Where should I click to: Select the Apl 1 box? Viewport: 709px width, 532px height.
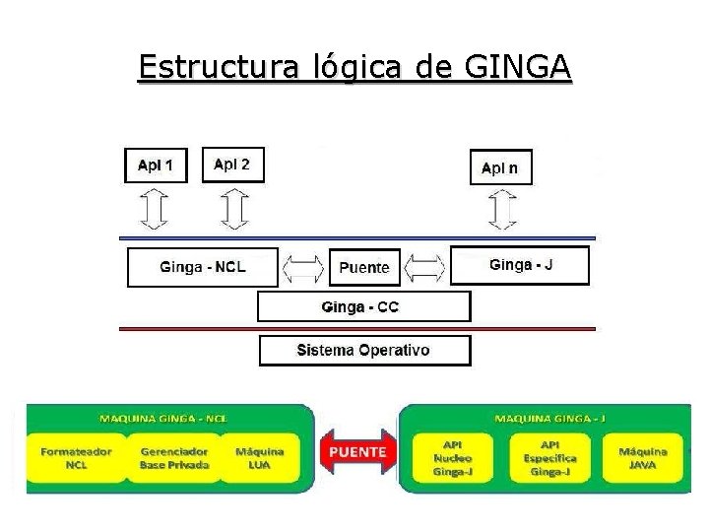click(x=155, y=165)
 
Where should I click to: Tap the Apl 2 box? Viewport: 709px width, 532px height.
click(x=232, y=165)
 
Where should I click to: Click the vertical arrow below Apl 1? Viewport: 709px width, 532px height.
click(x=155, y=209)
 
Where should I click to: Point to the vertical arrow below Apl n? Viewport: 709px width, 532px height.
click(x=502, y=209)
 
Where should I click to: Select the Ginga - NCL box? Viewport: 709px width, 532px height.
click(x=202, y=266)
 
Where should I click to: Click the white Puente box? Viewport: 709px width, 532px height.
click(x=364, y=267)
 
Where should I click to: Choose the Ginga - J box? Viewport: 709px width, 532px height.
click(x=520, y=265)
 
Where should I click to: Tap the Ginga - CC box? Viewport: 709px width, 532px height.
click(x=363, y=306)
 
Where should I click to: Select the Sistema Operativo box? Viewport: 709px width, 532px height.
click(x=364, y=350)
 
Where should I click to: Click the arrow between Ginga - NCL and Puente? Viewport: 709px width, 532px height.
click(x=303, y=266)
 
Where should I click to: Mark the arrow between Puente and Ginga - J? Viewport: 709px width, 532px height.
click(x=426, y=266)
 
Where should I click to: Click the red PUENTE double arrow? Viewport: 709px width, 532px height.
click(x=356, y=452)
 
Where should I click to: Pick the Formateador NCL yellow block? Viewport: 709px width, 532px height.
click(x=76, y=458)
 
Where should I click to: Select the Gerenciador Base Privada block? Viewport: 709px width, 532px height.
click(x=173, y=458)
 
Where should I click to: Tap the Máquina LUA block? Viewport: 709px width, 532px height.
click(x=260, y=458)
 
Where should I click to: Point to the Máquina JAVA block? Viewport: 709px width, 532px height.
click(x=642, y=458)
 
